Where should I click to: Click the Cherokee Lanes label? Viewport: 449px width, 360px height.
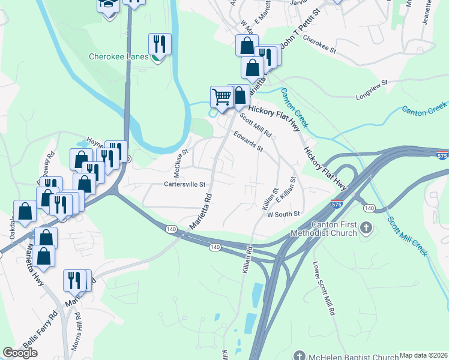(118, 57)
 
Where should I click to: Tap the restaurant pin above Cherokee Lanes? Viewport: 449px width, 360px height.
(160, 44)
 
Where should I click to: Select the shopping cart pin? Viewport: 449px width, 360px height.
(222, 97)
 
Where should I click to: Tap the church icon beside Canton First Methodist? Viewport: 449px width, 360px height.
(367, 228)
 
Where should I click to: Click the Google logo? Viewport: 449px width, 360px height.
(20, 353)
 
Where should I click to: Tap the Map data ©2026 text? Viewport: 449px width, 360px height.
(424, 355)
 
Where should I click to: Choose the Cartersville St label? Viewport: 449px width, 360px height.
(185, 184)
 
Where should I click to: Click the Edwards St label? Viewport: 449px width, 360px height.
(248, 142)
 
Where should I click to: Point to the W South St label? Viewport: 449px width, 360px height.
(283, 214)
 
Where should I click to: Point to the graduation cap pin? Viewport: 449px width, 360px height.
(109, 6)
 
